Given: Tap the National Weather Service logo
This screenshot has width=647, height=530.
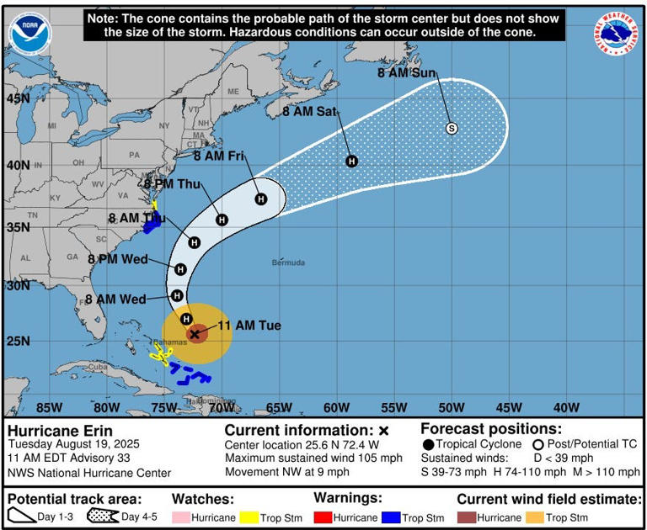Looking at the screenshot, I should [617, 34].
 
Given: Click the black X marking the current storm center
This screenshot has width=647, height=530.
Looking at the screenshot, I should [195, 334].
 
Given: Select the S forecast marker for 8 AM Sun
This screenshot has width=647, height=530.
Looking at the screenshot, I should [452, 128].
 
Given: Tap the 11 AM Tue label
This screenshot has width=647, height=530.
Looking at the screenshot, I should [249, 326].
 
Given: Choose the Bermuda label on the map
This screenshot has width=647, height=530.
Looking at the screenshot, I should [288, 262].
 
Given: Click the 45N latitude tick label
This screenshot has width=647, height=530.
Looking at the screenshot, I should [18, 98].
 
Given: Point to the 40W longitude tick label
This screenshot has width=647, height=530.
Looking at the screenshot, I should [566, 408].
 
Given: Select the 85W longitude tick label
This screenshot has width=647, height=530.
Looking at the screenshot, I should [49, 408].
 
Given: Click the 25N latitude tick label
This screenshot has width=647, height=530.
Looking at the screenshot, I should [18, 341].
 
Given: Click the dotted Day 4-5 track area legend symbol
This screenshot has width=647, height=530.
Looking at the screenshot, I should [103, 516].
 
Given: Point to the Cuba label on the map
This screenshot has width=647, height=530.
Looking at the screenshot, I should [99, 367].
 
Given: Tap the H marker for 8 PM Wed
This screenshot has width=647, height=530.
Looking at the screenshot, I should [180, 269].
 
